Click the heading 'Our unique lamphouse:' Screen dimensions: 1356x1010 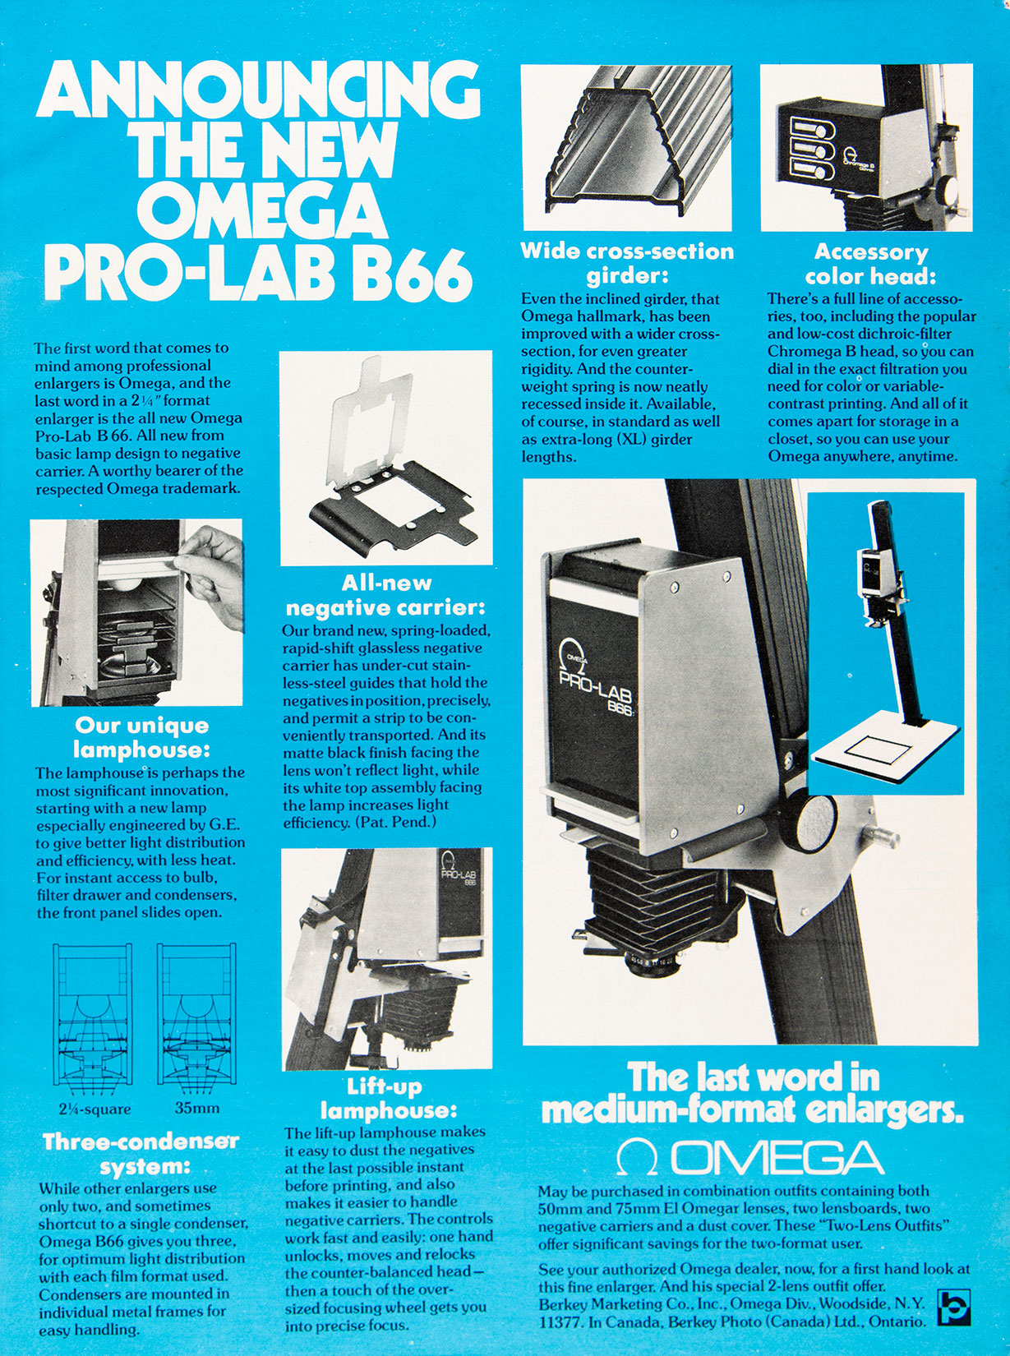tap(141, 737)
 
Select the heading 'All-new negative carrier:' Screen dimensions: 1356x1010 tap(385, 595)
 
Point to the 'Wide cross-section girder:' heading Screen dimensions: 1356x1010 tap(627, 263)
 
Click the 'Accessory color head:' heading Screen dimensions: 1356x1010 tap(870, 264)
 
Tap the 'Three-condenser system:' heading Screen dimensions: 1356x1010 tap(141, 1153)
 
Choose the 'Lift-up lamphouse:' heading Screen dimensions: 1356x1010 tap(385, 1098)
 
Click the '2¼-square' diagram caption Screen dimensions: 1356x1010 tap(95, 1109)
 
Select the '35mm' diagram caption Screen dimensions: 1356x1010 tap(197, 1108)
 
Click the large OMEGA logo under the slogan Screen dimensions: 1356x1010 tap(749, 1158)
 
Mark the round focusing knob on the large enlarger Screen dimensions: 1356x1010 tap(814, 822)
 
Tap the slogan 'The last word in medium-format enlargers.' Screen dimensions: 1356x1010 tap(751, 1094)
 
